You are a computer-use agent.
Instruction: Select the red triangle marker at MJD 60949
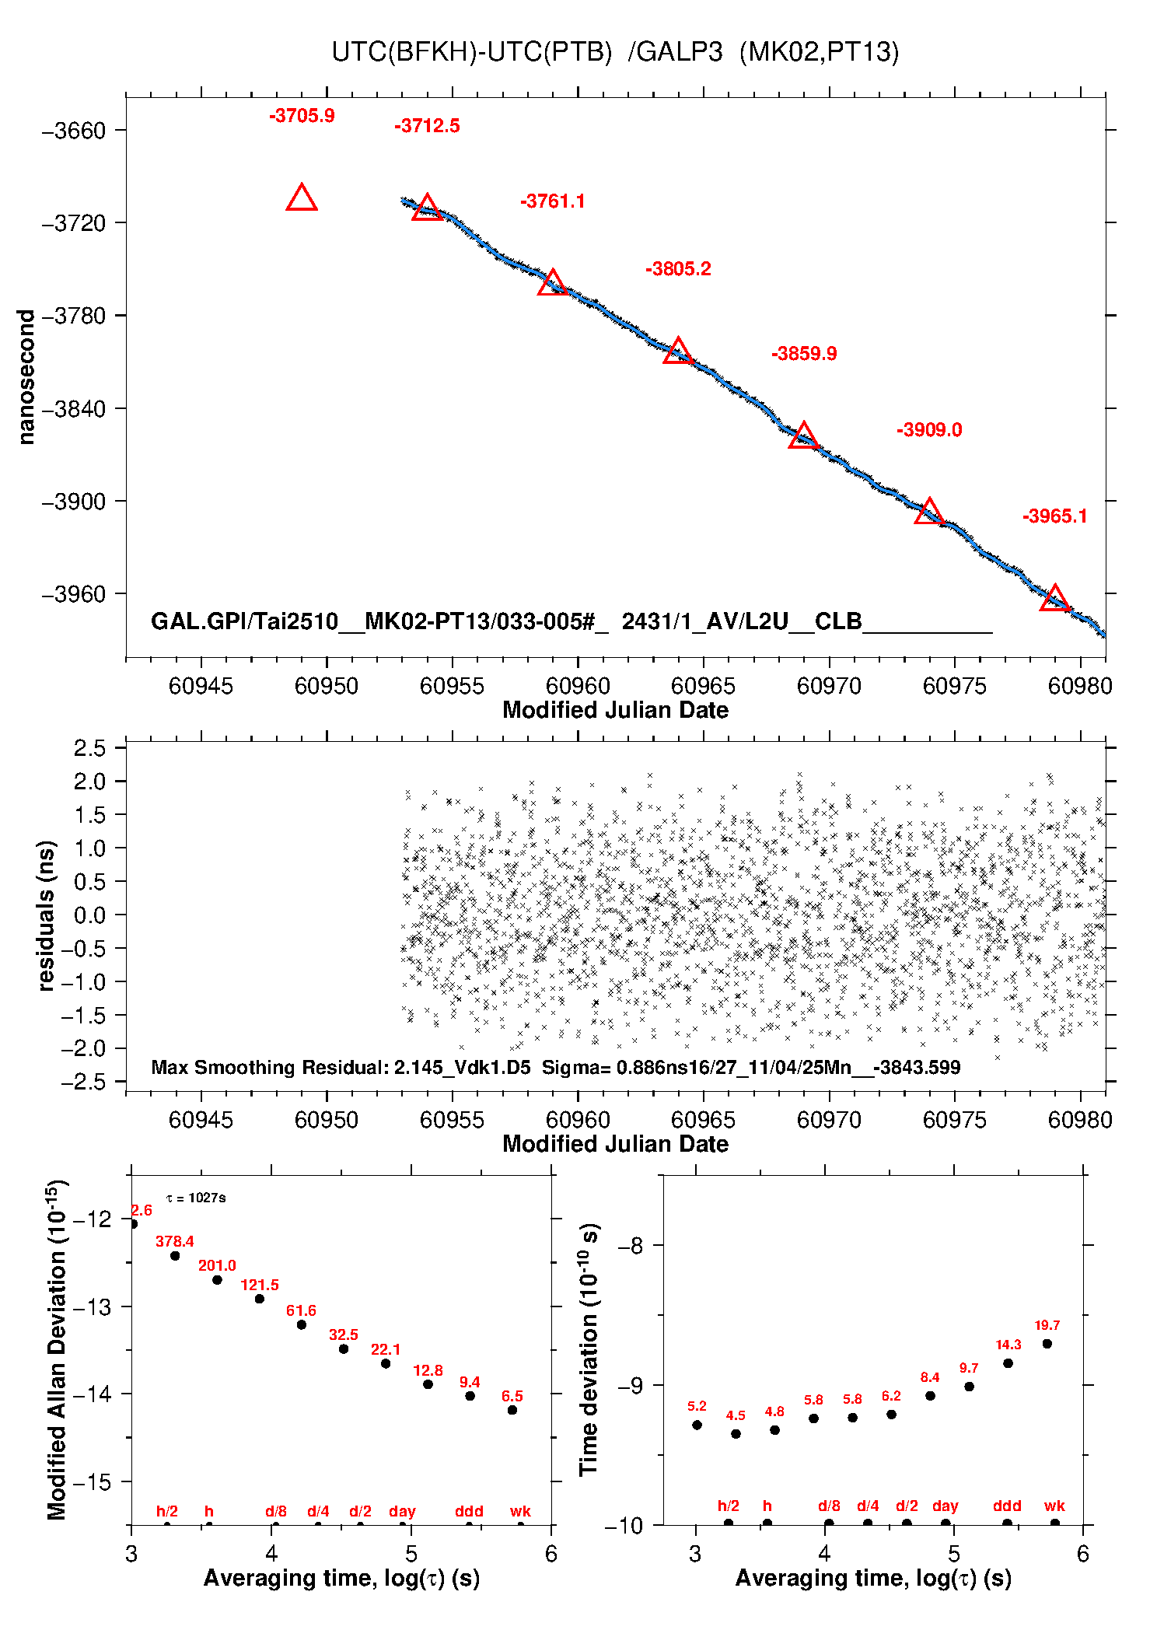[302, 198]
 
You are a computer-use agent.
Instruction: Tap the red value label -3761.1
[552, 201]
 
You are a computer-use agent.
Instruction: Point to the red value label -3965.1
[1054, 516]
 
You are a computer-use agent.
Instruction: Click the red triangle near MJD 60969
[803, 436]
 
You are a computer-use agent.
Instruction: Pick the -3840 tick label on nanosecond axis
[74, 409]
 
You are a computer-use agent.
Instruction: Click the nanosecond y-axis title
[26, 377]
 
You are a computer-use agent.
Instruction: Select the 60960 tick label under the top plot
[578, 686]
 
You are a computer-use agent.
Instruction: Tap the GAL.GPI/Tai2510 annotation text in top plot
[572, 621]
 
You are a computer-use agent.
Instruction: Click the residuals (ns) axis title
[47, 915]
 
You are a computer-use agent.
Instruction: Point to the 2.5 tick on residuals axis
[89, 748]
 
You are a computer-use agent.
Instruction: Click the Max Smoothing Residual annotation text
[555, 1067]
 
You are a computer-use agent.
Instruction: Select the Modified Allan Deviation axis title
[57, 1349]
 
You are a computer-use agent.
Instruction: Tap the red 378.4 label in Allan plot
[174, 1241]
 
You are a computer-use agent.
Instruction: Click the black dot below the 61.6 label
[302, 1324]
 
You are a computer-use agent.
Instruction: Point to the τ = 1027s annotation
[196, 1198]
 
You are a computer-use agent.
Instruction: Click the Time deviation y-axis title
[589, 1349]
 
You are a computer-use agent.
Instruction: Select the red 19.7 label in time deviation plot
[1047, 1325]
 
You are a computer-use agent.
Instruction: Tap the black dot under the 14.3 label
[1008, 1363]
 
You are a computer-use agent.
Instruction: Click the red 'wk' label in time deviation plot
[1054, 1506]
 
